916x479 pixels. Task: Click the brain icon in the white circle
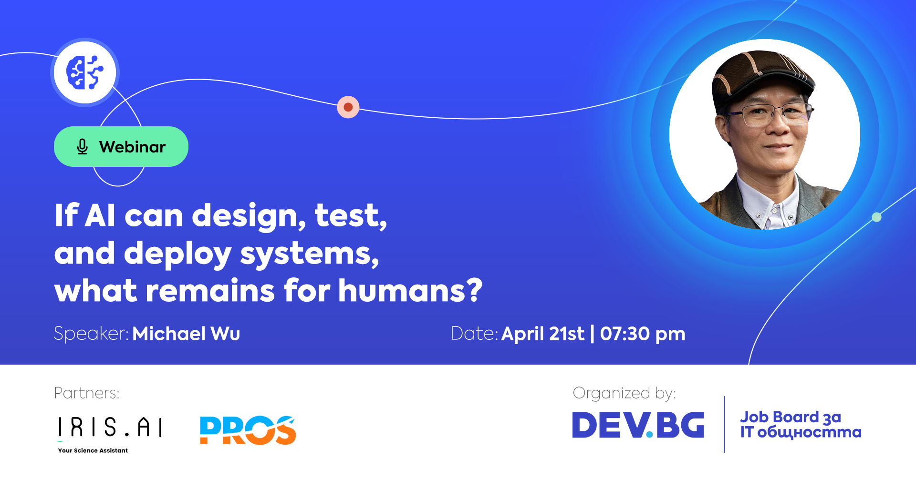pyautogui.click(x=85, y=72)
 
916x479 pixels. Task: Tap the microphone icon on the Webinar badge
pyautogui.click(x=82, y=147)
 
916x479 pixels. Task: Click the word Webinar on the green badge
pyautogui.click(x=132, y=147)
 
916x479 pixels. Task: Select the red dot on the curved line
pyautogui.click(x=348, y=107)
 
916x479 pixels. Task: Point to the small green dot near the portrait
pyautogui.click(x=876, y=217)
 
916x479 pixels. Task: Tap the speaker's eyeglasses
pyautogui.click(x=769, y=114)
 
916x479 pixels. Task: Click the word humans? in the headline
pyautogui.click(x=410, y=290)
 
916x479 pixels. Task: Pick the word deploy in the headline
pyautogui.click(x=177, y=254)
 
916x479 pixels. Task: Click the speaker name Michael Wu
pyautogui.click(x=186, y=334)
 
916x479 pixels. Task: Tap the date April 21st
pyautogui.click(x=542, y=334)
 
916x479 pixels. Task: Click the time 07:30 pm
pyautogui.click(x=642, y=334)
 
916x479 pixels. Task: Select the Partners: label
pyautogui.click(x=86, y=393)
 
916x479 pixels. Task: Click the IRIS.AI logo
pyautogui.click(x=110, y=427)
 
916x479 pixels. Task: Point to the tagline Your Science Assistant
pyautogui.click(x=93, y=450)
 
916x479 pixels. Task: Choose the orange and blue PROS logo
pyautogui.click(x=248, y=430)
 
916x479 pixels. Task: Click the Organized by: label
pyautogui.click(x=624, y=393)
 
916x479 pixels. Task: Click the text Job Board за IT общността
pyautogui.click(x=800, y=425)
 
